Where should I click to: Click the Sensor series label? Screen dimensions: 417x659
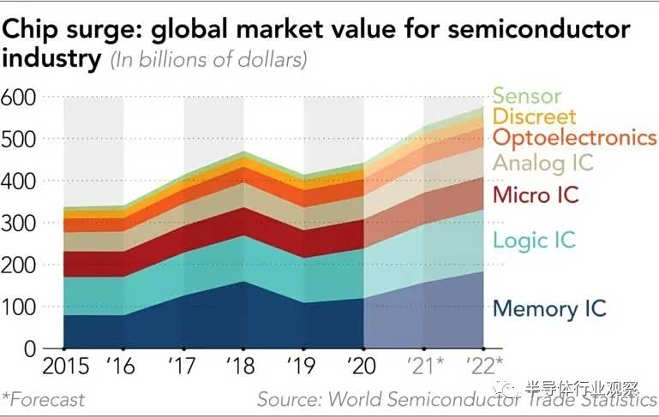coord(526,96)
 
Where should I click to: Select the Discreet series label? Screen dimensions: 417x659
coord(535,116)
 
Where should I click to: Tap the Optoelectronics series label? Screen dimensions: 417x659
coord(575,138)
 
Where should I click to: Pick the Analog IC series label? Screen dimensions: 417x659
coord(543,162)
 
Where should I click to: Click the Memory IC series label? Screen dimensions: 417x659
coord(549,308)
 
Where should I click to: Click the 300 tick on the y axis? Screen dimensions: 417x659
coord(18,223)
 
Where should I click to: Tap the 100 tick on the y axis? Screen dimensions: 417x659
coord(18,307)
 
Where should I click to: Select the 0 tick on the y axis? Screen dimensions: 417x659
coord(29,348)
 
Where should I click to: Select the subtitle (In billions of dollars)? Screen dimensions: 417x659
coord(208,61)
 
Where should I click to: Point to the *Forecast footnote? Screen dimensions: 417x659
coord(44,399)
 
